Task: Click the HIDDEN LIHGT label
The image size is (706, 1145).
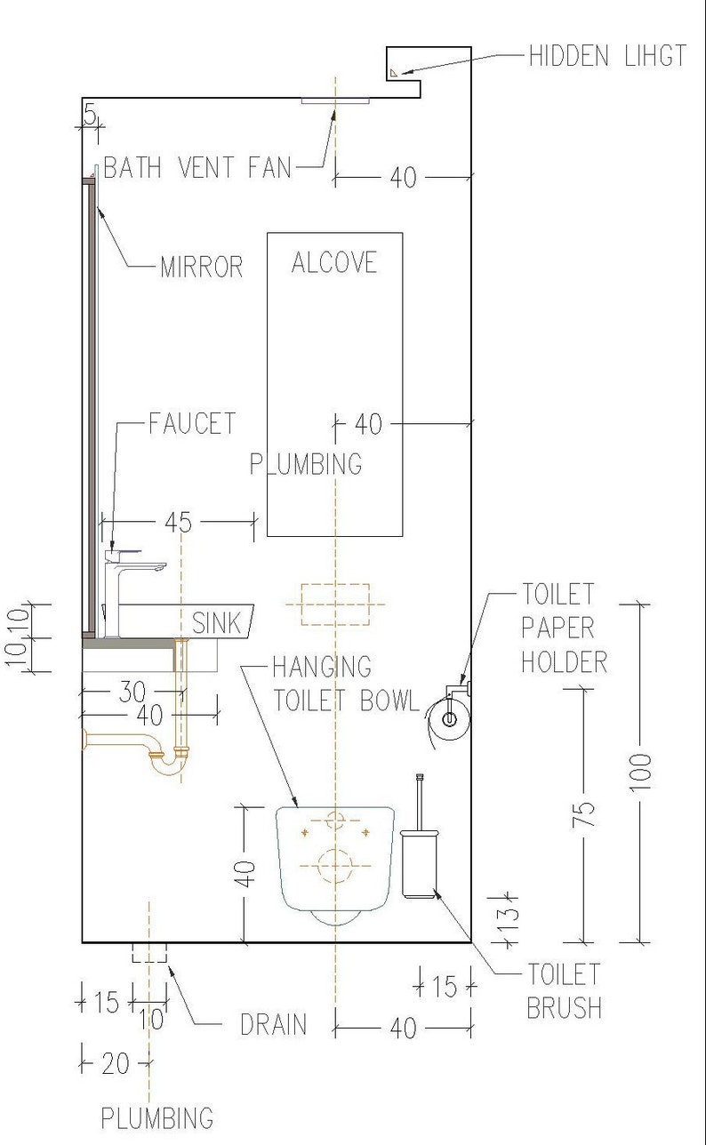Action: [x=607, y=56]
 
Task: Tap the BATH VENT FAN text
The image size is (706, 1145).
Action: [x=197, y=167]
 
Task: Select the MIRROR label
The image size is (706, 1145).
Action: [x=202, y=267]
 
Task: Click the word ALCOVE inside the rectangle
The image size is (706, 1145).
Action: [x=334, y=262]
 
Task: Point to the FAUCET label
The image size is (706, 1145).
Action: [x=193, y=423]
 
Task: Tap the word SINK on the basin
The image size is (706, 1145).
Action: [x=216, y=623]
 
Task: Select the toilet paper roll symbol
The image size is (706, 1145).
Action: [x=449, y=717]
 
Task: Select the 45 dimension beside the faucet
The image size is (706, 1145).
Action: [x=179, y=523]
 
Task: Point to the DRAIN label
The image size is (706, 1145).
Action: [x=274, y=1024]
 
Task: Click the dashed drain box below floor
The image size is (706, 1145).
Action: [x=148, y=953]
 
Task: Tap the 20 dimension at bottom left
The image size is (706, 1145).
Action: [x=115, y=1063]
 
